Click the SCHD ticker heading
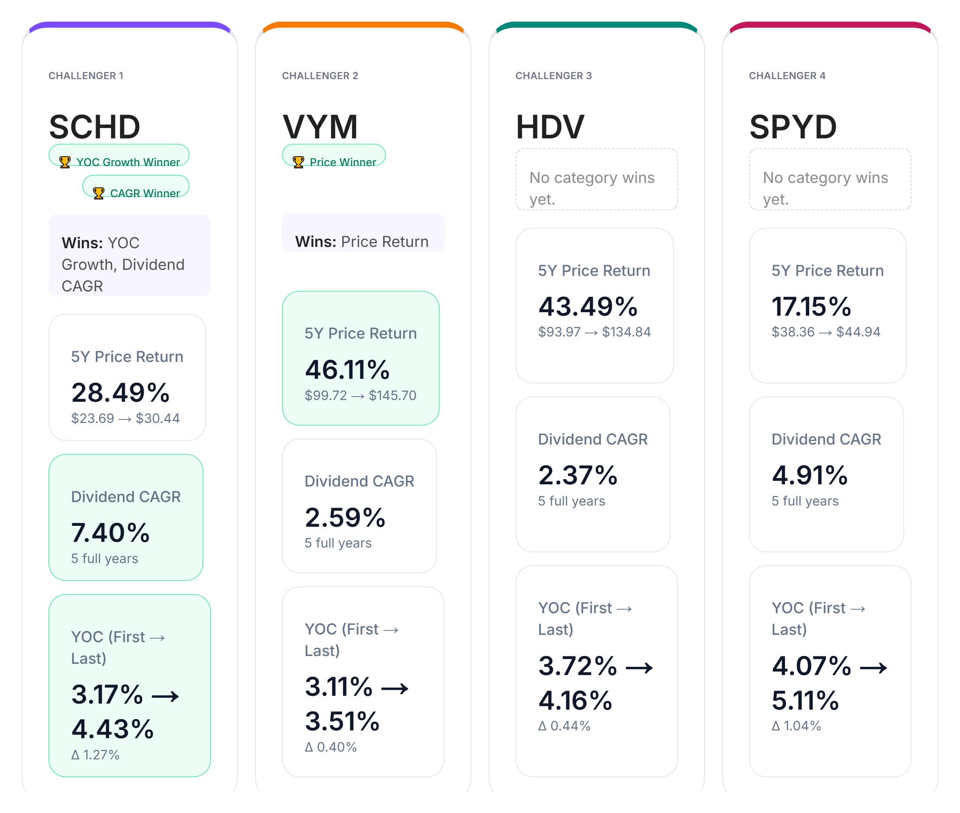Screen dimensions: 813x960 pyautogui.click(x=94, y=127)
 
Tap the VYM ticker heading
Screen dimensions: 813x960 pyautogui.click(x=320, y=127)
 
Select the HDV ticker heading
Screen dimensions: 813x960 pyautogui.click(x=549, y=127)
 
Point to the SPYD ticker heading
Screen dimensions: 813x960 pyautogui.click(x=793, y=127)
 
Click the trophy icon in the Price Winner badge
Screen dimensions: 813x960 pyautogui.click(x=298, y=162)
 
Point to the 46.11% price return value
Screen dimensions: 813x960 pyautogui.click(x=347, y=370)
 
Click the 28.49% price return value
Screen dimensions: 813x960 pyautogui.click(x=120, y=393)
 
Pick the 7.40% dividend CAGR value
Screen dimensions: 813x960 pyautogui.click(x=111, y=533)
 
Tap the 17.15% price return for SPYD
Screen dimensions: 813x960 pyautogui.click(x=811, y=307)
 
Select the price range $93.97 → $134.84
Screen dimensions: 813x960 pyautogui.click(x=594, y=332)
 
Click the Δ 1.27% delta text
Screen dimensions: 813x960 pyautogui.click(x=96, y=755)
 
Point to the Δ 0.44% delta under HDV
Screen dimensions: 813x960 pyautogui.click(x=564, y=726)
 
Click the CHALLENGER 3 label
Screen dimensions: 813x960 pyautogui.click(x=554, y=76)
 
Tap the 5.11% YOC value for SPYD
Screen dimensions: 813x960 pyautogui.click(x=805, y=701)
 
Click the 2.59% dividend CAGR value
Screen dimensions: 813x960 pyautogui.click(x=345, y=518)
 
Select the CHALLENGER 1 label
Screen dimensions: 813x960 pyautogui.click(x=86, y=76)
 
